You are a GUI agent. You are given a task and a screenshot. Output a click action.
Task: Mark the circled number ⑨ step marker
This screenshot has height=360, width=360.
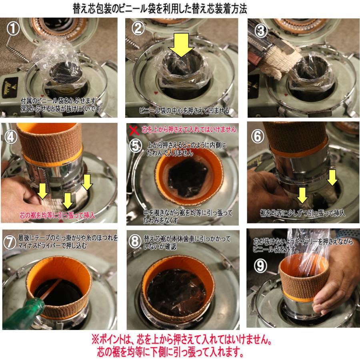(x=260, y=266)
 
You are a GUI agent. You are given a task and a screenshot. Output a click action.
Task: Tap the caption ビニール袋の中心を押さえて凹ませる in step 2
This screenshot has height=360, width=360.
(x=184, y=110)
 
